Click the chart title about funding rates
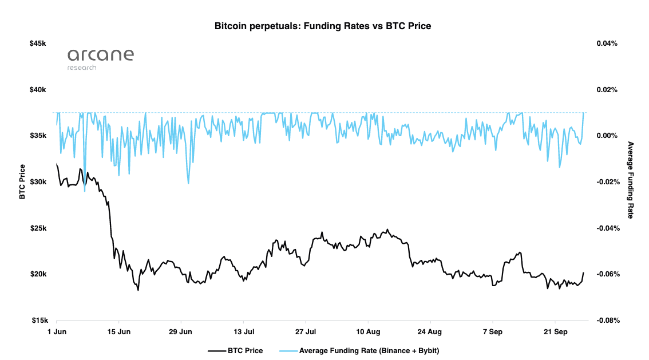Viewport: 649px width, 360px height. (x=322, y=26)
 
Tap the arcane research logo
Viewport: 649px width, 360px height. (x=100, y=58)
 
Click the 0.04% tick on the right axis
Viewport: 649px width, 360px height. (x=607, y=43)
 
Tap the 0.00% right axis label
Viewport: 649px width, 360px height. (x=607, y=136)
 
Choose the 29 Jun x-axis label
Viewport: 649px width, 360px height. (x=181, y=331)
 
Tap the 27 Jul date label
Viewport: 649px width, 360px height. (x=306, y=331)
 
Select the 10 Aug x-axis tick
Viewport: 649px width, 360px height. (x=368, y=331)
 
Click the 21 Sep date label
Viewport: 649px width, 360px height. (x=554, y=331)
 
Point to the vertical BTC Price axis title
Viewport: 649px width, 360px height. (x=22, y=181)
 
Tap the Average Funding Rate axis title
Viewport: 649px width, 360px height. (x=631, y=180)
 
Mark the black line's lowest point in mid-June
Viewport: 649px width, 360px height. (x=138, y=290)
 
